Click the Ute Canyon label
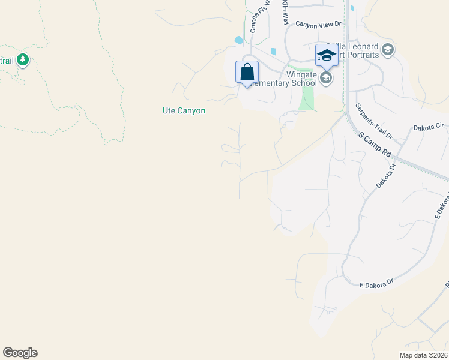tap(184, 110)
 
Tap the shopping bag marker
tap(247, 72)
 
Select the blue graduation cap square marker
tap(326, 55)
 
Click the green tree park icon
tap(23, 59)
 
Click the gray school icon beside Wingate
tap(326, 77)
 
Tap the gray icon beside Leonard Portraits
tap(387, 50)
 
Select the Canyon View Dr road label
tap(318, 24)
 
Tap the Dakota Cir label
tap(428, 127)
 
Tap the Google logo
tap(20, 353)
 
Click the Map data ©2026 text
tap(423, 355)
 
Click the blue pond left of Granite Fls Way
tap(239, 40)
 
